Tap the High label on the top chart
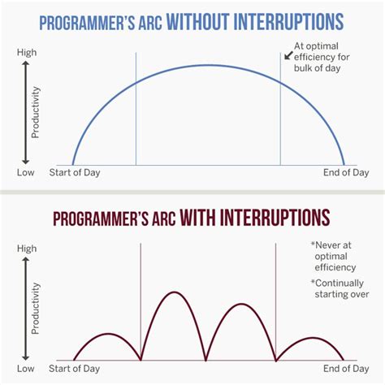[26, 53]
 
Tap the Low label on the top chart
[26, 172]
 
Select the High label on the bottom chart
[26, 249]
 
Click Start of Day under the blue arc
[80, 172]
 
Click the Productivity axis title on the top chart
[36, 111]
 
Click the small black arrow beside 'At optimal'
[288, 54]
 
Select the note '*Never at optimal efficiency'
[335, 255]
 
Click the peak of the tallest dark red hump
[177, 292]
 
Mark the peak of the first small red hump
[108, 334]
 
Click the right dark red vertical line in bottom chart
[276, 301]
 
